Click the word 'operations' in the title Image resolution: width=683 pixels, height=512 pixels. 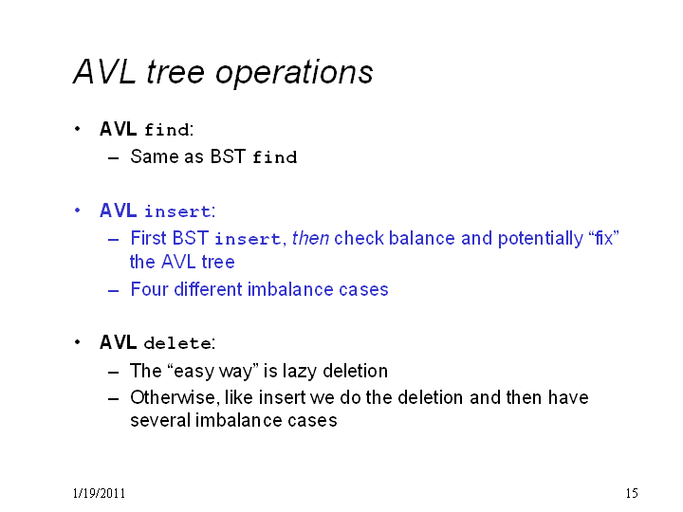coord(294,73)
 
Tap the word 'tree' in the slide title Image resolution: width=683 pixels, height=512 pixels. coord(175,71)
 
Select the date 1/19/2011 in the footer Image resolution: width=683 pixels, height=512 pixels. coord(99,493)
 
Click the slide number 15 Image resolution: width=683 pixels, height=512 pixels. coord(632,493)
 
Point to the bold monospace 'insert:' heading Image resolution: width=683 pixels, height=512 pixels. coord(180,211)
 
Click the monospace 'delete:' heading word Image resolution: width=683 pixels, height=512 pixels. coord(179,343)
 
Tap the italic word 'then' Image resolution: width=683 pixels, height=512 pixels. coord(310,239)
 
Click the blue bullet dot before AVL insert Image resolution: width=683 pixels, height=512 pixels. coord(78,210)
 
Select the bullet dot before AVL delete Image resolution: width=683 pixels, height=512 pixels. coord(78,342)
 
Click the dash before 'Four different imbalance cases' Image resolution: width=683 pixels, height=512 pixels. coord(113,290)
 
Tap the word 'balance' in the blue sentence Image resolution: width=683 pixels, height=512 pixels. coord(421,239)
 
